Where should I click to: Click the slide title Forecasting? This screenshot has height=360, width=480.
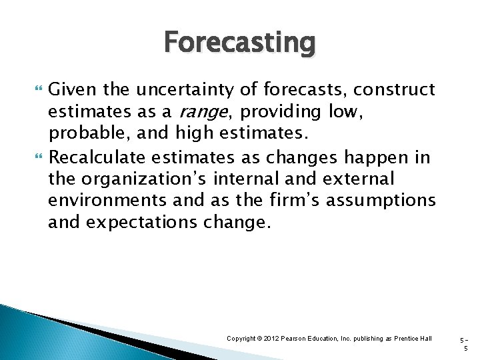(239, 43)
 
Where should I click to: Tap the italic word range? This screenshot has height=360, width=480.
(203, 111)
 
